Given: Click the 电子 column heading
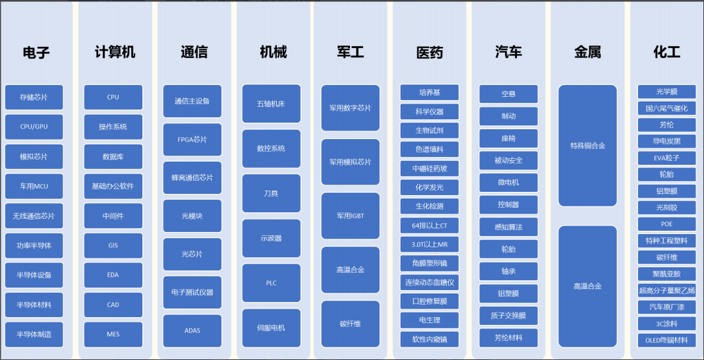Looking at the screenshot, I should pyautogui.click(x=36, y=52).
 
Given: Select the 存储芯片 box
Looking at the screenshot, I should pyautogui.click(x=34, y=97).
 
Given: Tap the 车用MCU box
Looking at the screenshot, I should pyautogui.click(x=34, y=186).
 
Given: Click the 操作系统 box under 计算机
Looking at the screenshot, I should pyautogui.click(x=113, y=127).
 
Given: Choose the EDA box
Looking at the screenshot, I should pyautogui.click(x=113, y=275).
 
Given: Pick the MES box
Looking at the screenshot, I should pyautogui.click(x=113, y=334).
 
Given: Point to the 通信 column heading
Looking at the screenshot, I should pyautogui.click(x=194, y=52).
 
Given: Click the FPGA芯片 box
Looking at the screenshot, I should pyautogui.click(x=192, y=140).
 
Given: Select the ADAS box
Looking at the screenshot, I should pyautogui.click(x=192, y=331).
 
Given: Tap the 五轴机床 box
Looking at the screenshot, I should pyautogui.click(x=271, y=104).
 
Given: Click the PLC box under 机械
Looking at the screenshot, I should pyautogui.click(x=271, y=283).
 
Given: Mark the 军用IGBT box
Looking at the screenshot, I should pyautogui.click(x=351, y=216).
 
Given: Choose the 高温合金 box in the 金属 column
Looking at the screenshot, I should pyautogui.click(x=587, y=286).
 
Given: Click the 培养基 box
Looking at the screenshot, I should pyautogui.click(x=430, y=92).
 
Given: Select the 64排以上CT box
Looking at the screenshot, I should pyautogui.click(x=430, y=225).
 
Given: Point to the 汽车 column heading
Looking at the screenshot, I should pyautogui.click(x=508, y=52).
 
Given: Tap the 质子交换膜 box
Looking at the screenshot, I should pyautogui.click(x=508, y=316).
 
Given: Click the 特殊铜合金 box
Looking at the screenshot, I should pyautogui.click(x=587, y=145).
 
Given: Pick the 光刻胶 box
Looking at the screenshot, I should pyautogui.click(x=666, y=208).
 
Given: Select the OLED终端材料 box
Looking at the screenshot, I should pyautogui.click(x=666, y=340).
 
